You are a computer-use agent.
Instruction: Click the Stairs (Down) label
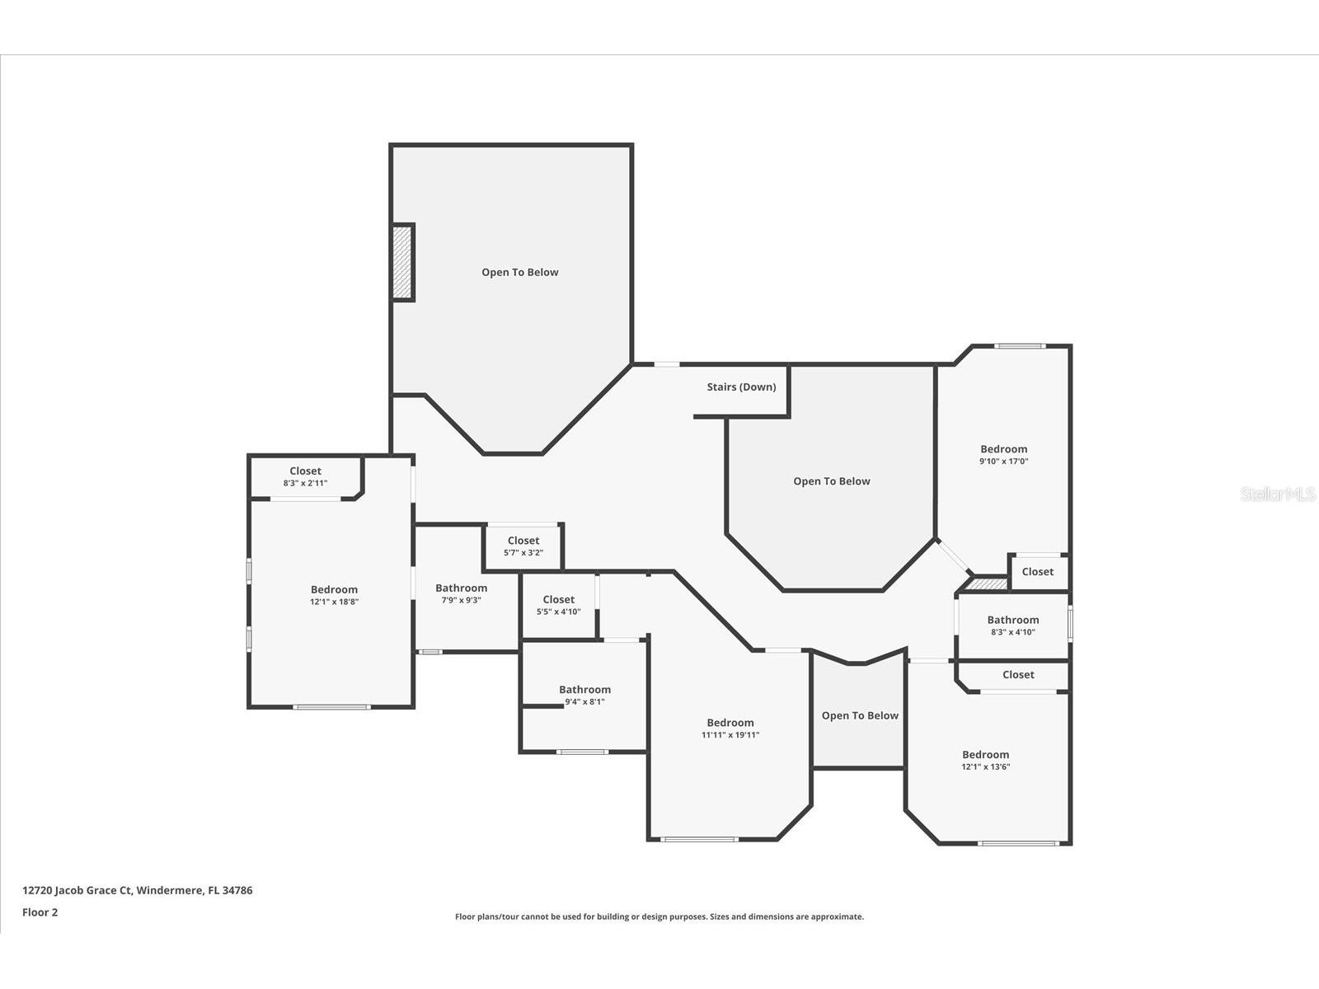[741, 387]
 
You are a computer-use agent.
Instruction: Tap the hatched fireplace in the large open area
[402, 262]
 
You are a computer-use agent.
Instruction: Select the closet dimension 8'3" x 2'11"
[305, 483]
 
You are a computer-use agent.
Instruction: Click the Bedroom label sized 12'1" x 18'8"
[334, 589]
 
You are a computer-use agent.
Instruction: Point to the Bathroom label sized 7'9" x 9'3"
[461, 588]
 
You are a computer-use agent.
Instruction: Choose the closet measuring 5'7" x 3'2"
[523, 546]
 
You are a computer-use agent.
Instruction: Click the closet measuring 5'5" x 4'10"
[558, 606]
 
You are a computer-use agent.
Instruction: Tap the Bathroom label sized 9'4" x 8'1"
[584, 690]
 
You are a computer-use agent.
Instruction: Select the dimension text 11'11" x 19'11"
[730, 735]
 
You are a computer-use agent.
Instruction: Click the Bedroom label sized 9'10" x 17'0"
[1003, 449]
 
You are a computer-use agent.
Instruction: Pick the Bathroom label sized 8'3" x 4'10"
[1012, 620]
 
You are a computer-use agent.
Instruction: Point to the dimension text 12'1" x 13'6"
[985, 766]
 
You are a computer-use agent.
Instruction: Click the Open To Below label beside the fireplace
[519, 272]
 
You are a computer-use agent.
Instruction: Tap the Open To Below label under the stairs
[831, 481]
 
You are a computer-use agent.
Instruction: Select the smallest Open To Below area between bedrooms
[859, 715]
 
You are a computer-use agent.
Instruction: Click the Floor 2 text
[40, 912]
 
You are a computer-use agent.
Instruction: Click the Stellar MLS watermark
[1278, 494]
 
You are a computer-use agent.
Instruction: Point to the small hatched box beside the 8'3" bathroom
[986, 584]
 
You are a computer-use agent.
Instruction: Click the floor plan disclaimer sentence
[659, 916]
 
